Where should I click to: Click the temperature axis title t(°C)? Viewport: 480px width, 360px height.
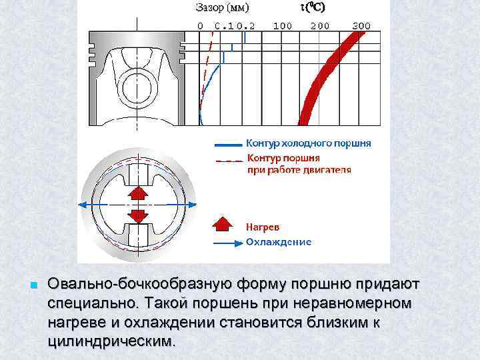coord(314,8)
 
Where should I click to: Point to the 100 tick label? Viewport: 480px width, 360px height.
coord(283,25)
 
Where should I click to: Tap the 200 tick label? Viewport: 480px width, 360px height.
coord(320,25)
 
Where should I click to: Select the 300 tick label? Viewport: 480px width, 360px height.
coord(361,25)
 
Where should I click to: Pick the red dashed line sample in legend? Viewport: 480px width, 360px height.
coord(228,160)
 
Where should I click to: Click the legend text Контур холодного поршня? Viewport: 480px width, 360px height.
coord(309,143)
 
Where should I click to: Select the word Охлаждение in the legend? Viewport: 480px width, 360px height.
coord(279,241)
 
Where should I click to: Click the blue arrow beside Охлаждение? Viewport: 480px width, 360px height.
coord(224,242)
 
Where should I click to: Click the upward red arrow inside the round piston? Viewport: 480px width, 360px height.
coord(137,193)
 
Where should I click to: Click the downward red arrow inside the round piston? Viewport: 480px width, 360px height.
coord(137,217)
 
